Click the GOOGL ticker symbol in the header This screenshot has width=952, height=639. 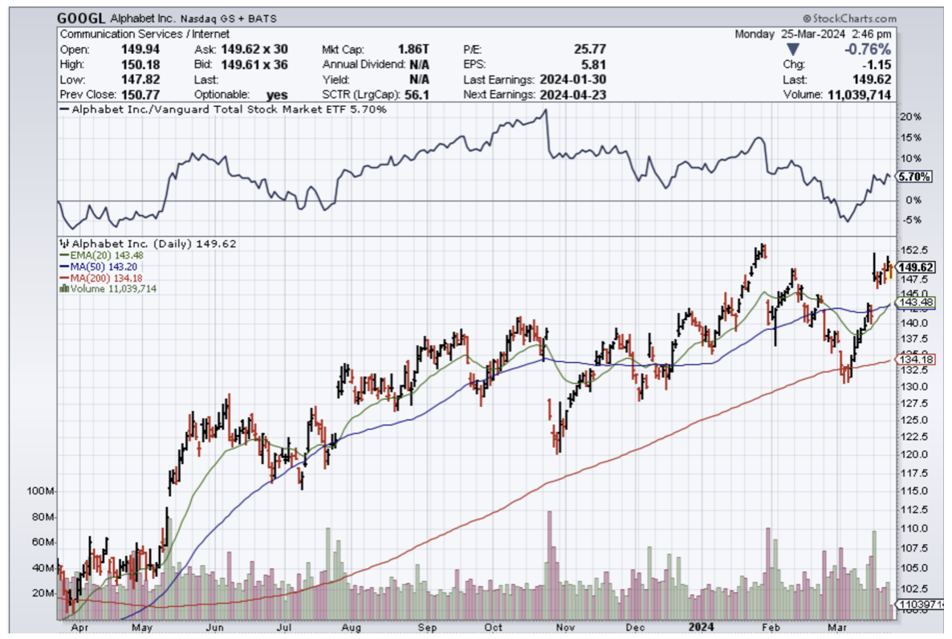tap(83, 18)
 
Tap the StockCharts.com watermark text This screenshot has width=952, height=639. tap(852, 18)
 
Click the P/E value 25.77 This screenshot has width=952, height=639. tap(590, 49)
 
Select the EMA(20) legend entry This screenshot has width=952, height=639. tap(104, 255)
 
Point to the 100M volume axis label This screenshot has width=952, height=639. tap(40, 490)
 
